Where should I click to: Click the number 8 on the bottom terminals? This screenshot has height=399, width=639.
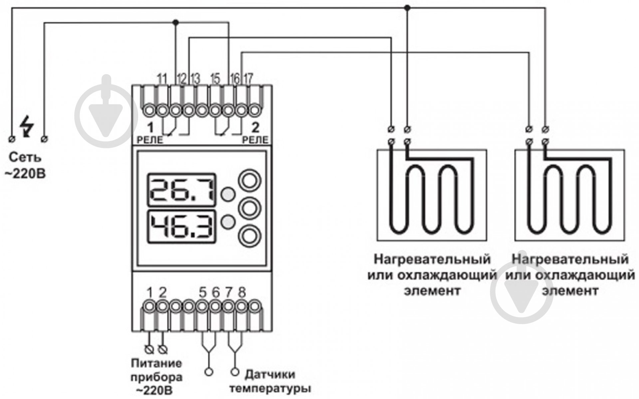(242, 293)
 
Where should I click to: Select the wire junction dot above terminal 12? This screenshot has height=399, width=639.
(176, 22)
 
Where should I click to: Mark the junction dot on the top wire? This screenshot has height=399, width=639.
(406, 7)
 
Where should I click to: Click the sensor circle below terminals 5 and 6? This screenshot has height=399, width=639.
(209, 371)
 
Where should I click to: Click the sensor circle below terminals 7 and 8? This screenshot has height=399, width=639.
(235, 371)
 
